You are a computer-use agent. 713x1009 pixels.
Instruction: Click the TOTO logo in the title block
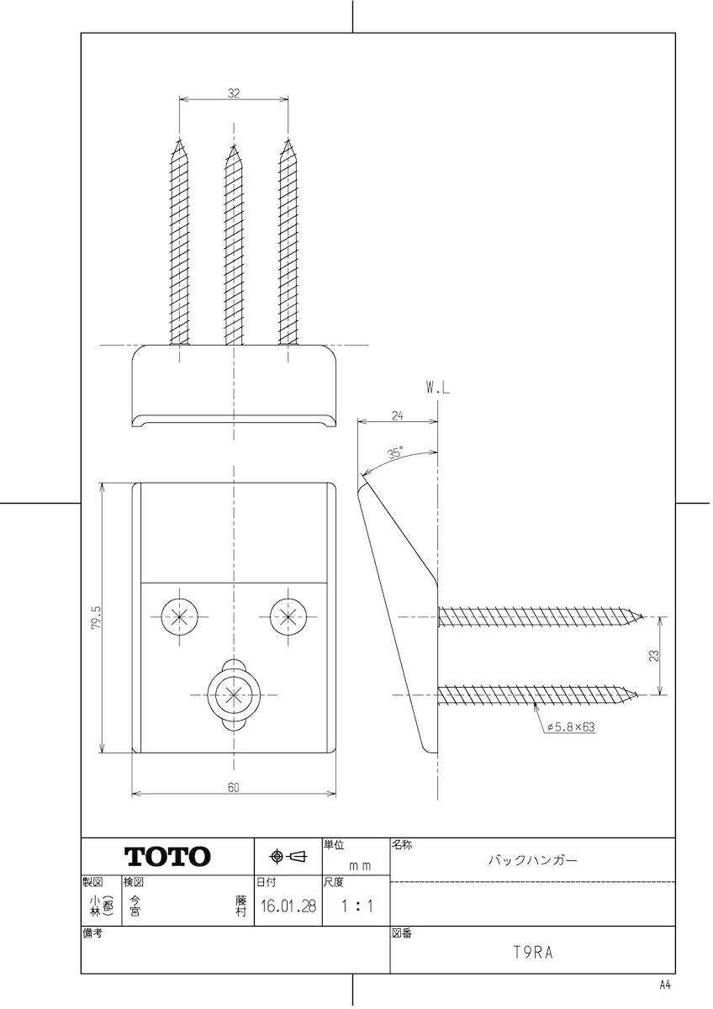(167, 856)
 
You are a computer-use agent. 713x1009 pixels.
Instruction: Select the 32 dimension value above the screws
(234, 93)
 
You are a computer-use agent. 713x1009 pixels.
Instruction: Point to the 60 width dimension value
(233, 787)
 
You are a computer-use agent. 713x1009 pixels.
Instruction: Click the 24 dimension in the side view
(397, 415)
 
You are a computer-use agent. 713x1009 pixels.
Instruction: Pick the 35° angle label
(395, 452)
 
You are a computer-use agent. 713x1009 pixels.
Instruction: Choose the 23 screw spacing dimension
(654, 655)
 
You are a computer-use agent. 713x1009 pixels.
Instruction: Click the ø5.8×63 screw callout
(571, 726)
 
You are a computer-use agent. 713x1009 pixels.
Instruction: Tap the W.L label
(437, 388)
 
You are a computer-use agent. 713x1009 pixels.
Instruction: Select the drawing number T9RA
(533, 953)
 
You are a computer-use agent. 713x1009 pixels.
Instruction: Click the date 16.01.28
(288, 906)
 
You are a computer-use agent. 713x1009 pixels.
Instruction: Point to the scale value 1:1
(356, 906)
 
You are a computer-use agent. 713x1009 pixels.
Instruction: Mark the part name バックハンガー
(533, 860)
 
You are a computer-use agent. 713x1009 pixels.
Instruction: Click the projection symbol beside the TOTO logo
(288, 856)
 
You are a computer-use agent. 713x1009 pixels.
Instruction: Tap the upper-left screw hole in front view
(179, 616)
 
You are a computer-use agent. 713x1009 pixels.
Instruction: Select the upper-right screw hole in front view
(288, 616)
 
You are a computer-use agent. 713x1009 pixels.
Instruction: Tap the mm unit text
(360, 866)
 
